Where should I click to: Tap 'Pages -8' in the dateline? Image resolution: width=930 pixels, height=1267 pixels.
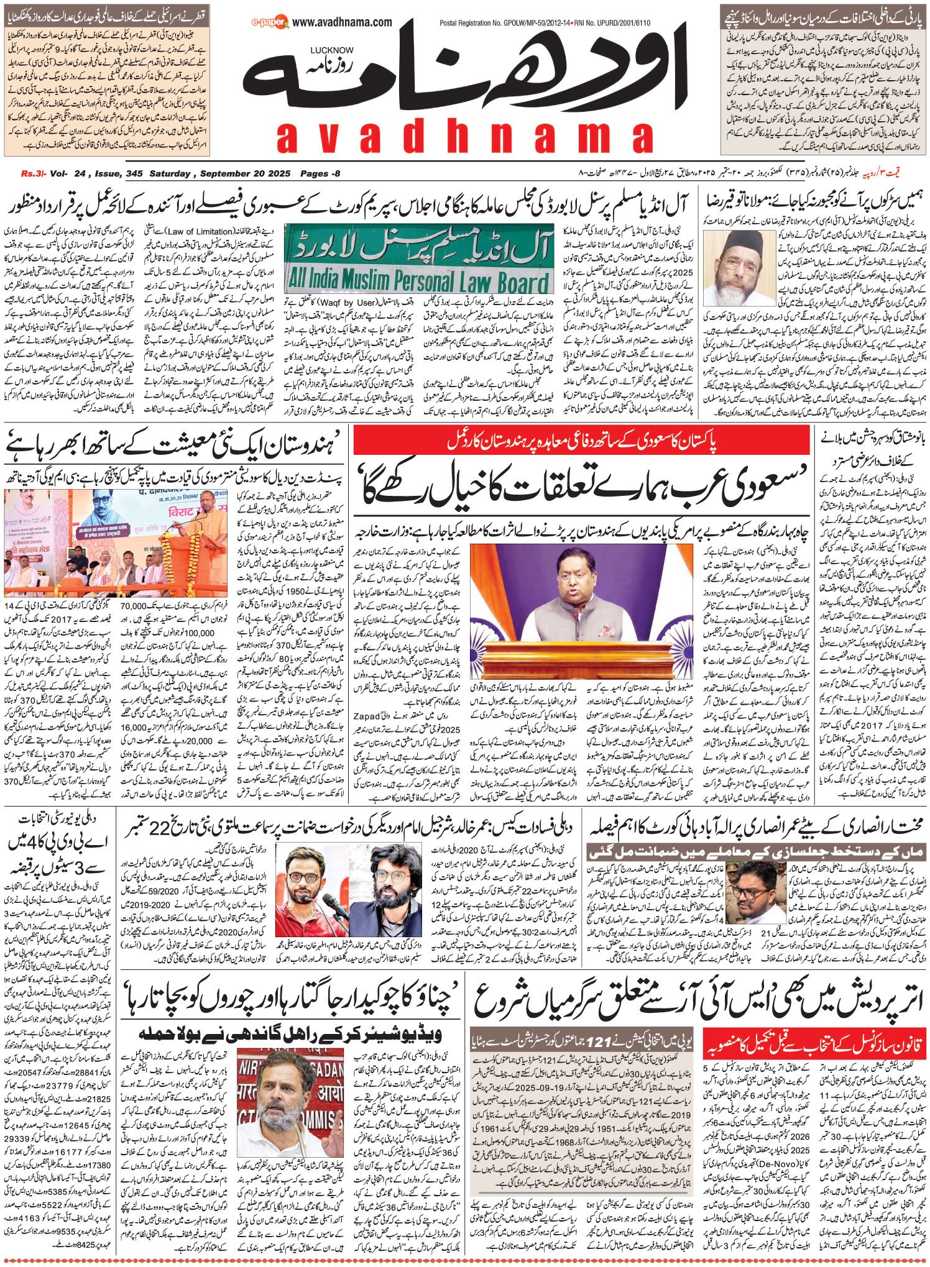point(320,173)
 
